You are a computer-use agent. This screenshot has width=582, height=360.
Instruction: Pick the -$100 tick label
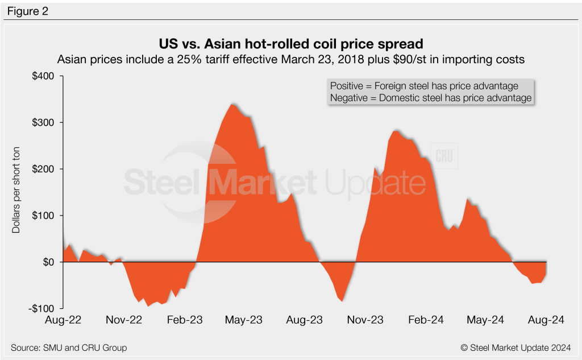point(43,308)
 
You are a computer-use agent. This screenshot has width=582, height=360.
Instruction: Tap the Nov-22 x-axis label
point(123,320)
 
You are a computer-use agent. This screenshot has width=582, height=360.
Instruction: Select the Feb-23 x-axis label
point(183,320)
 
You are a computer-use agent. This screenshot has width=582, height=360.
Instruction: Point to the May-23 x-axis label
point(243,320)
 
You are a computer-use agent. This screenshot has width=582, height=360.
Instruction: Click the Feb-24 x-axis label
point(425,320)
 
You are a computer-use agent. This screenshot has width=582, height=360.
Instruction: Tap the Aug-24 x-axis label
point(546,320)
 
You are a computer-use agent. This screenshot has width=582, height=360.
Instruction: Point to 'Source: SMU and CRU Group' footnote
point(69,347)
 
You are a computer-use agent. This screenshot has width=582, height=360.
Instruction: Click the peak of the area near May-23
point(232,104)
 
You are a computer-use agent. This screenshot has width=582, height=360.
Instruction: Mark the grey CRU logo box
point(445,157)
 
